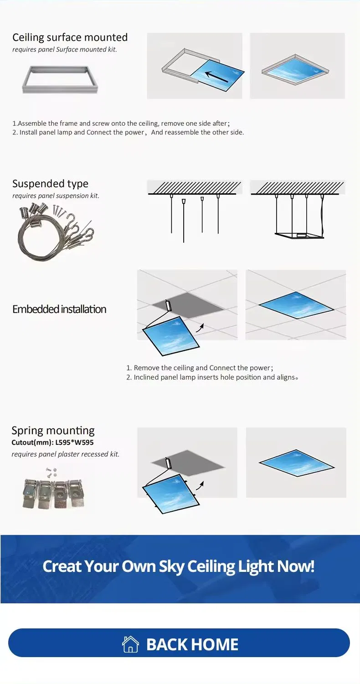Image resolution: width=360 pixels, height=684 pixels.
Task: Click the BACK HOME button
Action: [x=179, y=644]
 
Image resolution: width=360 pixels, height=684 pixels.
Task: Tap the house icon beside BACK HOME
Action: [x=130, y=644]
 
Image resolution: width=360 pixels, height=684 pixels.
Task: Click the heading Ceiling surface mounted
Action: [x=70, y=37]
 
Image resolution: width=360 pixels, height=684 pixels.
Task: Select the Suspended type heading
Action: [x=51, y=184]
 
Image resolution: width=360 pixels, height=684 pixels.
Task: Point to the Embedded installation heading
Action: [x=59, y=309]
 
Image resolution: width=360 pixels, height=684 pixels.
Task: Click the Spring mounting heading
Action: [x=53, y=430]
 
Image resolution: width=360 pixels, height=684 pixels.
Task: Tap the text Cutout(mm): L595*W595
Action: [x=52, y=442]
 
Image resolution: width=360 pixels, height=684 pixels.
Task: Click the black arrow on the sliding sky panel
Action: [x=216, y=77]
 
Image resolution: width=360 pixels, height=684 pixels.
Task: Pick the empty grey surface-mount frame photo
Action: [x=60, y=80]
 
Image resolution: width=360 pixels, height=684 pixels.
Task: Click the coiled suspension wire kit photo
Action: [x=55, y=231]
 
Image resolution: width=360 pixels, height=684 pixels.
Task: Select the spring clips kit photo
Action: [x=53, y=489]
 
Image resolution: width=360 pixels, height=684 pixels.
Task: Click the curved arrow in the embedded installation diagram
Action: [x=200, y=329]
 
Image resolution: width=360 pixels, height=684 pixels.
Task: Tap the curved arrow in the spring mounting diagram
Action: [x=200, y=486]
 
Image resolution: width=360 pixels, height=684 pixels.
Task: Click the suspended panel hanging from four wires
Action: [x=299, y=236]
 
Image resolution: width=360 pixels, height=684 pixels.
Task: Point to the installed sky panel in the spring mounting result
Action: [x=297, y=463]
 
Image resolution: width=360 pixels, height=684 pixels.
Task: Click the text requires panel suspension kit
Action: [x=56, y=196]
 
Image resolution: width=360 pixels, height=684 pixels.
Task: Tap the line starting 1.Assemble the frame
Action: [x=121, y=123]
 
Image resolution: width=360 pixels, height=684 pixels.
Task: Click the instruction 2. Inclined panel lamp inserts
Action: [x=212, y=377]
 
